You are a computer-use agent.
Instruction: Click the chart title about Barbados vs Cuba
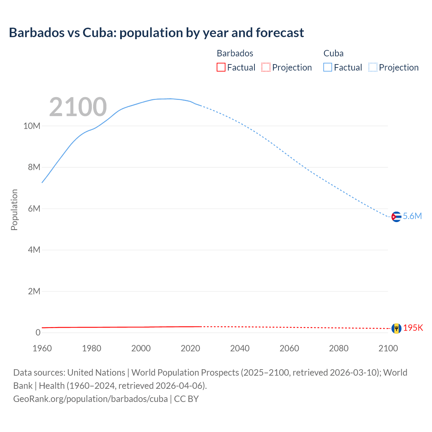point(156,33)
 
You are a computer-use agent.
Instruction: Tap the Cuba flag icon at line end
point(396,217)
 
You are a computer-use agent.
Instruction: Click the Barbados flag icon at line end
point(396,328)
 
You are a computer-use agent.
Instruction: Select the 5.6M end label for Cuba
point(412,216)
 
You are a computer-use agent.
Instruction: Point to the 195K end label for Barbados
point(413,328)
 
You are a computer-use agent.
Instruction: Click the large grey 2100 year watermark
point(78,107)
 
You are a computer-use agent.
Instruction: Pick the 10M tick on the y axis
point(32,126)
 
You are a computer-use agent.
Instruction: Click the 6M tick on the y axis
point(34,209)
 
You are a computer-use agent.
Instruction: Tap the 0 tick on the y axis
point(38,333)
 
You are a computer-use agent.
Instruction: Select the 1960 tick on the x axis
point(42,348)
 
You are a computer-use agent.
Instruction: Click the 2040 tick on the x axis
point(240,348)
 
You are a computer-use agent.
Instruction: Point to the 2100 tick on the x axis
point(388,348)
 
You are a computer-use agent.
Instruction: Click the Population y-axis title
point(14,210)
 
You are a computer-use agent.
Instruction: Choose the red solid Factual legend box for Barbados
point(221,67)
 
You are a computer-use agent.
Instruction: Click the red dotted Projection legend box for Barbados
point(266,67)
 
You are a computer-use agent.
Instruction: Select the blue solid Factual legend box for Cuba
point(328,67)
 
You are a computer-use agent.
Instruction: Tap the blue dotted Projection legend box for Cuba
point(373,67)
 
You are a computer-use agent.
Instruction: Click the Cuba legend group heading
point(333,53)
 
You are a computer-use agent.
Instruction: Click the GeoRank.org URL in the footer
point(90,399)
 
